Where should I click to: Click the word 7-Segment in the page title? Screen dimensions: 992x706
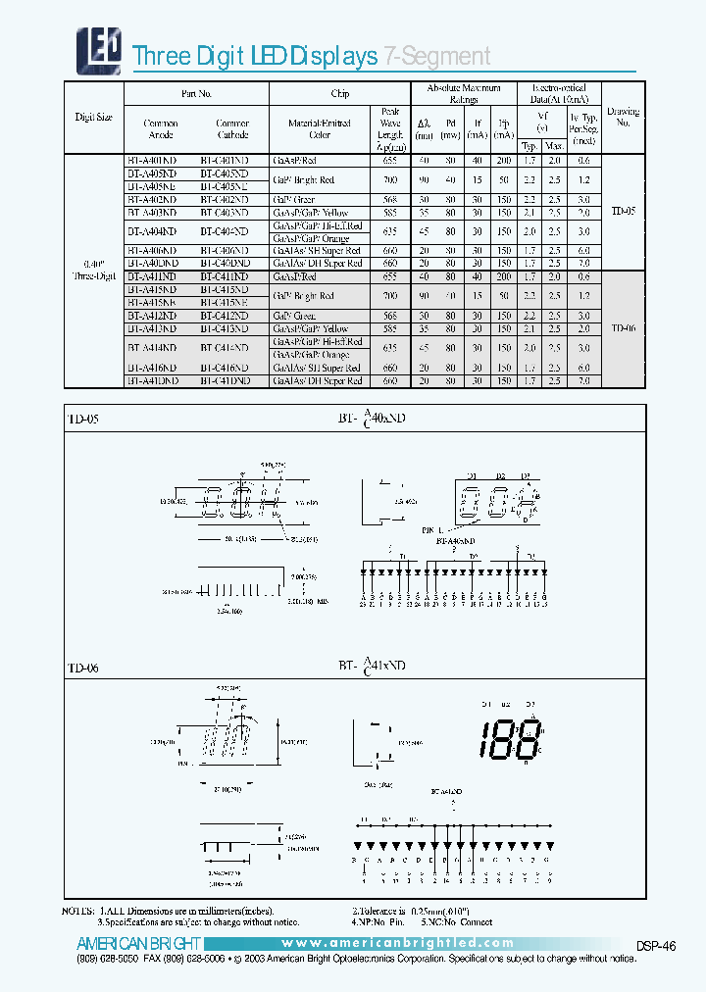(x=436, y=56)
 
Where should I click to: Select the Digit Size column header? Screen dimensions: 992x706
(x=94, y=118)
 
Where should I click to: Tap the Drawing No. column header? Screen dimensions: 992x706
(x=624, y=118)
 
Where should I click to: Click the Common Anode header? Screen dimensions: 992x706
(x=161, y=130)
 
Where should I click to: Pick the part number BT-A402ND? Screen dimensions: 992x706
(x=152, y=198)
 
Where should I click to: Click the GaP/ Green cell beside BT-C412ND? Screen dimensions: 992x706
(x=296, y=316)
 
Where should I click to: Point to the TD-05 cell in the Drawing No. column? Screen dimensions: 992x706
(x=624, y=211)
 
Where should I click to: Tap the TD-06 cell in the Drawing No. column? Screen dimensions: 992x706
(x=624, y=328)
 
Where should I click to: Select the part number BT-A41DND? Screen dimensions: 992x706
(x=152, y=380)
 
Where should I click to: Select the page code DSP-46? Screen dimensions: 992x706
(x=655, y=945)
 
